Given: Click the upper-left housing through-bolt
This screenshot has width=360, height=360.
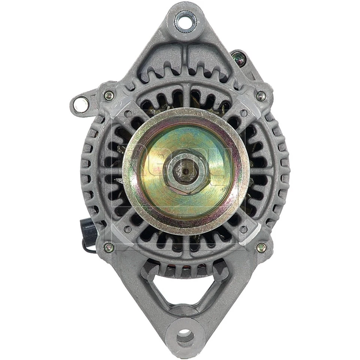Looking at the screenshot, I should [x=109, y=95].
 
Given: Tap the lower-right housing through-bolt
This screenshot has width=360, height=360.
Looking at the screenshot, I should [x=261, y=247].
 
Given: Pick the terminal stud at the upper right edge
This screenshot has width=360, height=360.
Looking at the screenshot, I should [x=237, y=57].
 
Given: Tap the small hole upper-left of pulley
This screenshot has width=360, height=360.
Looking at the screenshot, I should [x=128, y=112].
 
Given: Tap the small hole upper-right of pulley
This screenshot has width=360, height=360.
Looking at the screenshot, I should [x=244, y=112].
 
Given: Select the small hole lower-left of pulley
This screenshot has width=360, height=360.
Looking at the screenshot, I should [x=128, y=229].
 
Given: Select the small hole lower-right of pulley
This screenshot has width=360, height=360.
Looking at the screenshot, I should [x=244, y=229].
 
